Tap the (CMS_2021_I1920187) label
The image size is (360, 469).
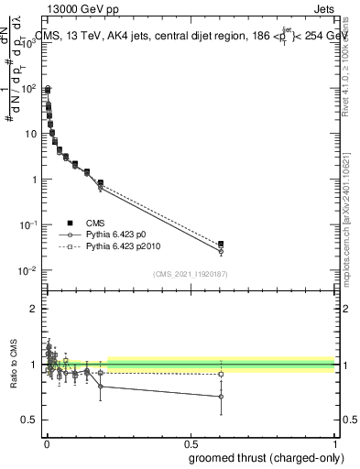(x=191, y=274)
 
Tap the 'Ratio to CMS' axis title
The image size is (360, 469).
(x=13, y=364)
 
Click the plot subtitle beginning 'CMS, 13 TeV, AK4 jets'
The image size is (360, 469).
(x=192, y=36)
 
